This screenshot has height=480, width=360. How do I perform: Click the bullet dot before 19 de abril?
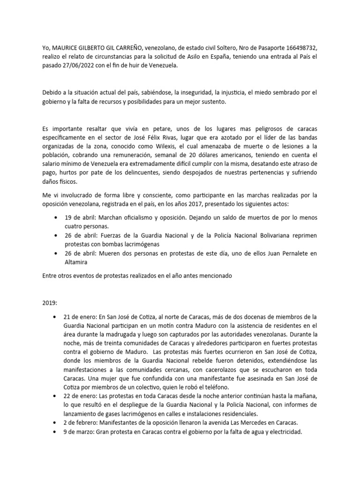(x=57, y=218)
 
